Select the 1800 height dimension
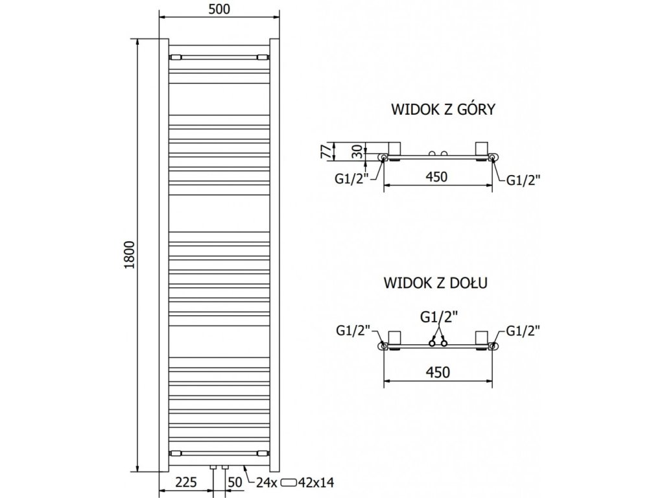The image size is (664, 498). (x=129, y=255)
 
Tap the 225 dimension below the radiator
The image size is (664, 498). (x=186, y=482)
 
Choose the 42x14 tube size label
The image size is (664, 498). (x=319, y=482)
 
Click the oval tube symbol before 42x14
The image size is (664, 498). (x=290, y=482)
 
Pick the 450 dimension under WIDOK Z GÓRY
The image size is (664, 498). (x=437, y=176)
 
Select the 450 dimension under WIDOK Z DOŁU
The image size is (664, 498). (x=437, y=372)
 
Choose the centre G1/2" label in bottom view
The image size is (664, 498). (x=438, y=317)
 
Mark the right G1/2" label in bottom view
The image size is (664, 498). (x=523, y=331)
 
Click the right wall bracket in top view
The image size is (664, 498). (x=482, y=148)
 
